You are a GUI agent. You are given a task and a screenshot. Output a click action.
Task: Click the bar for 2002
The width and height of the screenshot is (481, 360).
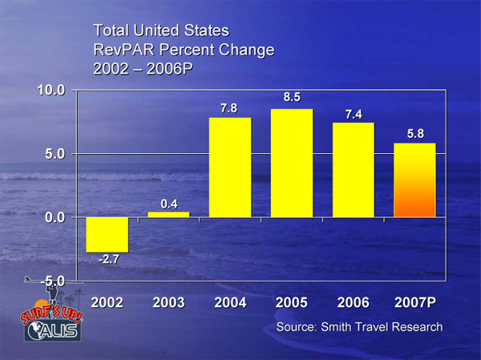pos(107,234)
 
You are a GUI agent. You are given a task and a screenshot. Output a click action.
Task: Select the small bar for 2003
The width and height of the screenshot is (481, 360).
pos(168,214)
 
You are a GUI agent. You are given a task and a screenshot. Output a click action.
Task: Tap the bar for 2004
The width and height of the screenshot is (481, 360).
pos(230,167)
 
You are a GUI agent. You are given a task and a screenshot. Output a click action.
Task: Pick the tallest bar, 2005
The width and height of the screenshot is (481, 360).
pos(292,163)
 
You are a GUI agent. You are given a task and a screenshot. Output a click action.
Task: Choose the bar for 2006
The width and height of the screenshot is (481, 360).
pos(354,169)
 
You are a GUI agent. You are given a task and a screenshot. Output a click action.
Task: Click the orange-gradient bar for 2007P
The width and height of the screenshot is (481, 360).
pos(415,180)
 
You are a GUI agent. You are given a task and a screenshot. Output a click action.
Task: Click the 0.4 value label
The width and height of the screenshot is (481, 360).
pos(169,204)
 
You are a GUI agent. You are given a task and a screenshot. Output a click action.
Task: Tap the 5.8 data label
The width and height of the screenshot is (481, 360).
pos(415,134)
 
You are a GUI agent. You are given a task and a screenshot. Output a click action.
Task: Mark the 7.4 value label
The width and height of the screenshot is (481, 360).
pos(354,114)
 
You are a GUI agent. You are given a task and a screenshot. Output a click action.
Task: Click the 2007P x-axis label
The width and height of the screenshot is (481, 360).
pos(415,303)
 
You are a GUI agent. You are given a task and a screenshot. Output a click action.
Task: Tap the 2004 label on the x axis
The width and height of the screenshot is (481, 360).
pos(230,303)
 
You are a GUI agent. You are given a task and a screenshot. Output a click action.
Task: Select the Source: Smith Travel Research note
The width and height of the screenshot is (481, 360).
pos(359,328)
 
